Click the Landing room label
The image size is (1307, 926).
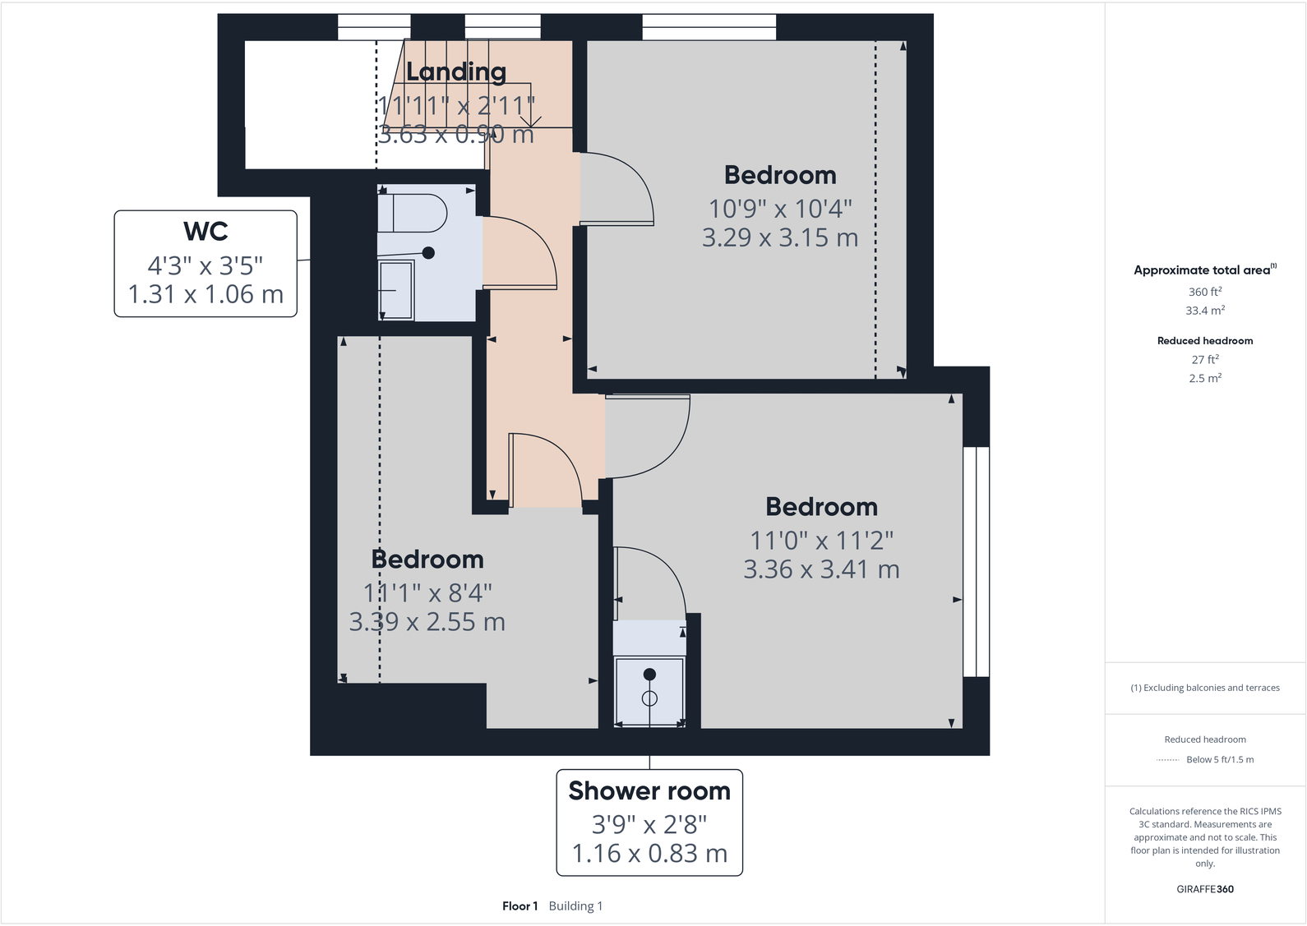(456, 72)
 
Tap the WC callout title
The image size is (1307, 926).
(206, 232)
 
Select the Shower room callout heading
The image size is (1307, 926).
(649, 790)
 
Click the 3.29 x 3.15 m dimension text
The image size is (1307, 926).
(779, 238)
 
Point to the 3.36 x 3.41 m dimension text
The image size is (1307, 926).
(821, 569)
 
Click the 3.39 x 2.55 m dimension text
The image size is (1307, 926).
(427, 622)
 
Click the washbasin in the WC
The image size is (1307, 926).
(396, 289)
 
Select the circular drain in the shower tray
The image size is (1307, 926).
(649, 699)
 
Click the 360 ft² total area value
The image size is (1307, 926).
(1204, 292)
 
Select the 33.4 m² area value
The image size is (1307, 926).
(1204, 311)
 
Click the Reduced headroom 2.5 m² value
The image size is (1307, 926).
(1204, 378)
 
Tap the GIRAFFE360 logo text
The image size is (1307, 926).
(1204, 889)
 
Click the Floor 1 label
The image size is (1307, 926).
(520, 906)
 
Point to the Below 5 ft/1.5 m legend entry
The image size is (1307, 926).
(1220, 759)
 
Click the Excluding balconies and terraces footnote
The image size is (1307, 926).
(1205, 688)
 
